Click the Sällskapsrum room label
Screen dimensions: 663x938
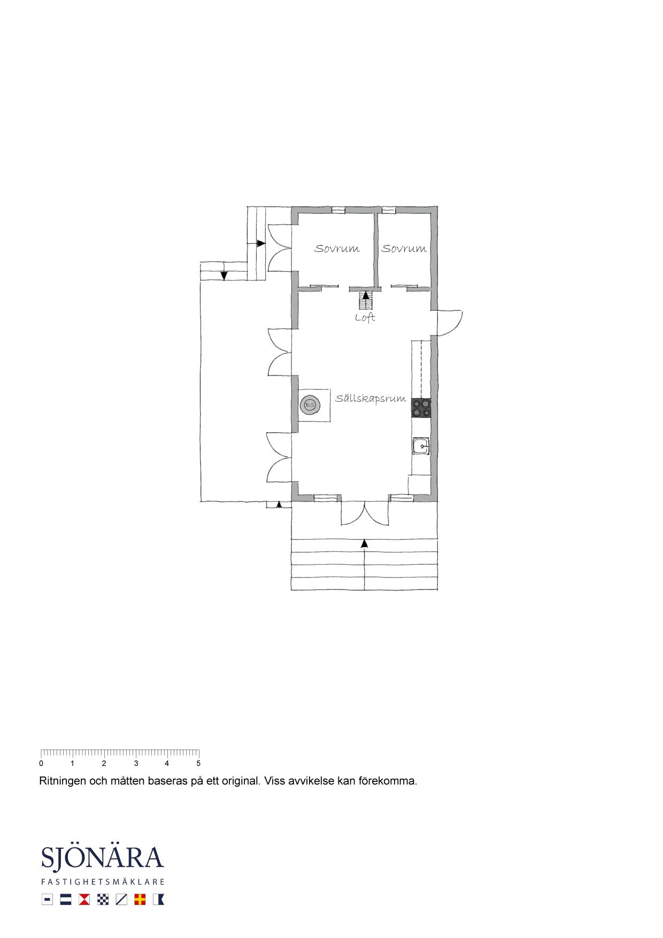point(371,399)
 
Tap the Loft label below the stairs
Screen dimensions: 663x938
point(365,318)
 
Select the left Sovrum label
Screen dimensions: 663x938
point(337,249)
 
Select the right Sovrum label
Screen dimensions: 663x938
point(404,249)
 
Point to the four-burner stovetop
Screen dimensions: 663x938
point(421,408)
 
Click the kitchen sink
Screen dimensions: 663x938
point(421,446)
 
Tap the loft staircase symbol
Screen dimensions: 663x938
point(366,301)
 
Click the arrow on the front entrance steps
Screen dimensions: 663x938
point(365,543)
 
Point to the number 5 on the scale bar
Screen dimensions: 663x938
point(198,764)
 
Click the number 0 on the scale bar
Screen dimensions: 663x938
point(41,764)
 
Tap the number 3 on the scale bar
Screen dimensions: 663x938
point(136,764)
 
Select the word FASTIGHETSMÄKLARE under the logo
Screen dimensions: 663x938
point(103,882)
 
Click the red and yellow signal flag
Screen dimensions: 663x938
point(140,899)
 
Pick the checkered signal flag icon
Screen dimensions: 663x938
point(103,899)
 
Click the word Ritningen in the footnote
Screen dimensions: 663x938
point(63,781)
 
